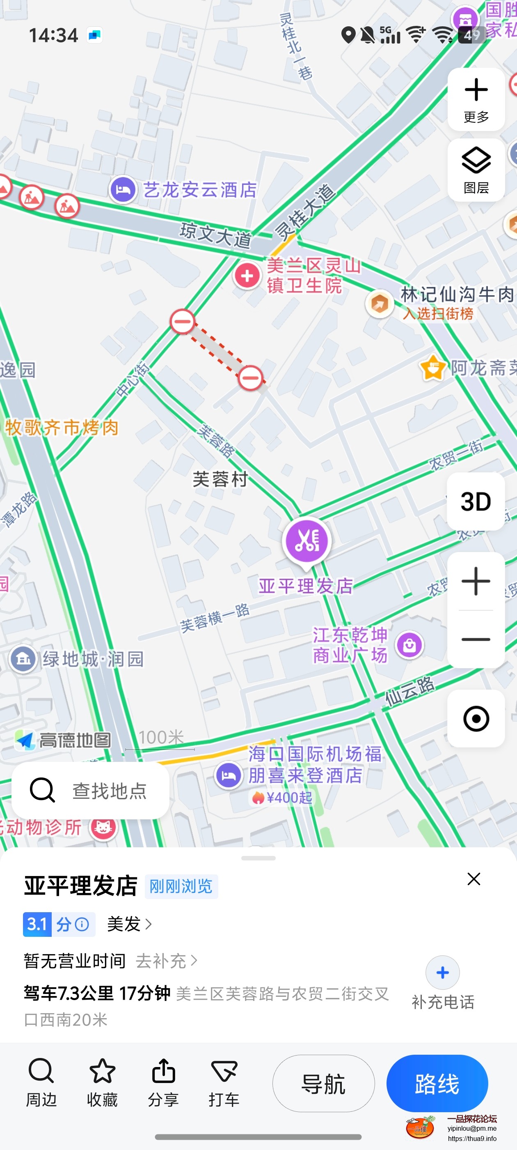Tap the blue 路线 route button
437,1083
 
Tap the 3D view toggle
476,501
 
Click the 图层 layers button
476,170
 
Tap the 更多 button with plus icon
476,99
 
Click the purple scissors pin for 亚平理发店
307,541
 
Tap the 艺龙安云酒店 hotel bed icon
123,190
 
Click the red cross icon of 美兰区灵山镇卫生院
247,276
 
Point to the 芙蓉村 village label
220,479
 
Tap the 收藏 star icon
102,1071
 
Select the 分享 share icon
163,1071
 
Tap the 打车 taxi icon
224,1071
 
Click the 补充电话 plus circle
442,972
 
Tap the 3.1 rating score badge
37,924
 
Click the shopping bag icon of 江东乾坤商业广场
409,645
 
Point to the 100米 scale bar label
161,738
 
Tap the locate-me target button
476,719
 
